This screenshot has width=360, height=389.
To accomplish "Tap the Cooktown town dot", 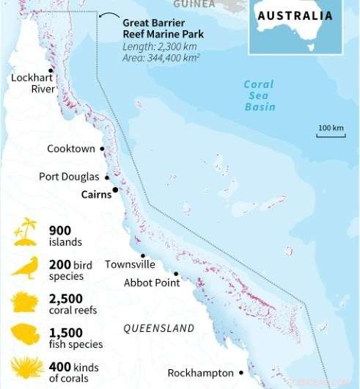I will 102,149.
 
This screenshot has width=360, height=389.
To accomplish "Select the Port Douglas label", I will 69,177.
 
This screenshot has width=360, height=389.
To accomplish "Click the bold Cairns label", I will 96,194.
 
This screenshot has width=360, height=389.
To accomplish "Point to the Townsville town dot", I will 142,255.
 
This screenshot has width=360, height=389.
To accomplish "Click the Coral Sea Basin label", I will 260,95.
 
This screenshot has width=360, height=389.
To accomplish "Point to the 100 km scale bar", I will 331,135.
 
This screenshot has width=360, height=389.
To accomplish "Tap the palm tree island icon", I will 26,232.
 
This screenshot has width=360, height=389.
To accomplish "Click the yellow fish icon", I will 25,335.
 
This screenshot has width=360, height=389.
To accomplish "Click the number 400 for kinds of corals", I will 59,366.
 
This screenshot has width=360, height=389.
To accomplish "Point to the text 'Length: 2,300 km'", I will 158,46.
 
